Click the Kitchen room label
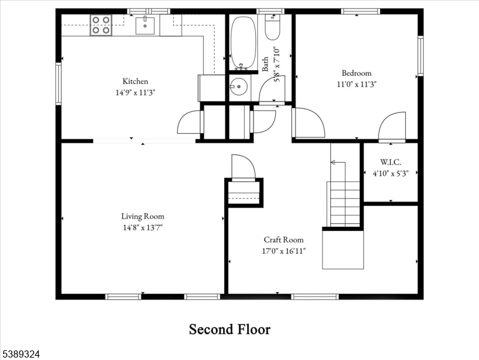point(135,82)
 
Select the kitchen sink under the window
point(145,25)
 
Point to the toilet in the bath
point(272,26)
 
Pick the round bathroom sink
point(239,87)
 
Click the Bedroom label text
point(356,73)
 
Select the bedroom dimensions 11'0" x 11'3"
point(356,85)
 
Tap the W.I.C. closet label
point(390,162)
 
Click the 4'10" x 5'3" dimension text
point(390,173)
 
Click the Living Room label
point(142,217)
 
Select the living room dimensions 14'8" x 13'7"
point(142,227)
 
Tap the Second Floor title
point(230,329)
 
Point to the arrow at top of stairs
point(334,162)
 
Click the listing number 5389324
point(20,355)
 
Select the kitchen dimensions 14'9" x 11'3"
point(135,92)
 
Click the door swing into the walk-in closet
point(391,126)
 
